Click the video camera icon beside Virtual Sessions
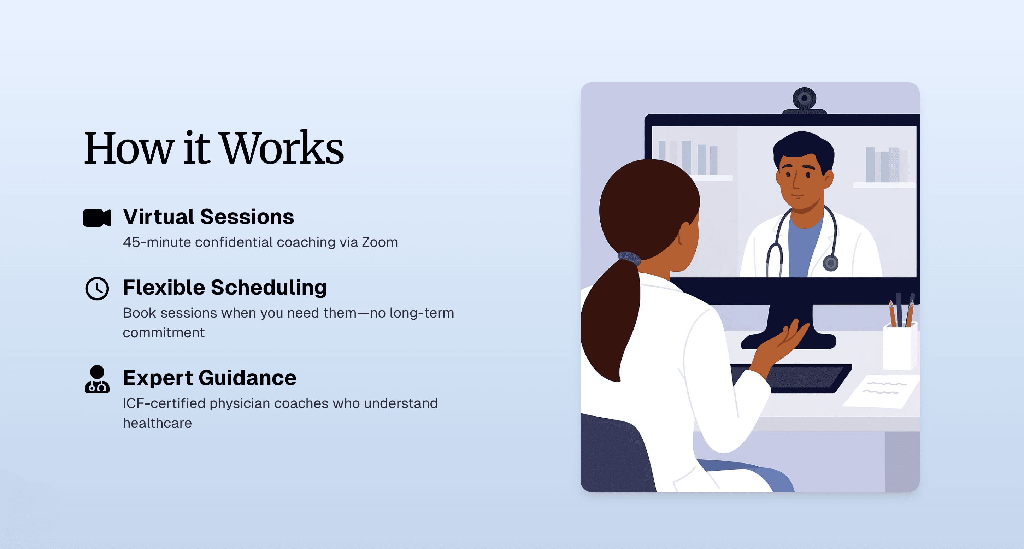pos(97,218)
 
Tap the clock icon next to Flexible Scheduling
pos(97,289)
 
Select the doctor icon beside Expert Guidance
pos(97,379)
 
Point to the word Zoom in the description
pos(379,242)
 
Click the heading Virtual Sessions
pos(208,217)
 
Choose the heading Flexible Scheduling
pos(225,288)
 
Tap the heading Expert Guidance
pos(210,378)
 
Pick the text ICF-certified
pos(164,403)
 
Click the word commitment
pos(163,333)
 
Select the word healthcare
pos(157,423)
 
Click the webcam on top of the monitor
pos(804,99)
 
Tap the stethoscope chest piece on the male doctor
pos(830,263)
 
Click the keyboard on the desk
pos(791,378)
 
